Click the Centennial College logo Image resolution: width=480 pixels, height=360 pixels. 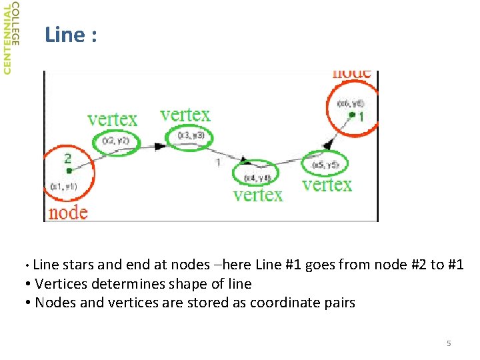[11, 38]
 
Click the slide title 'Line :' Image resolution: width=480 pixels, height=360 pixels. [71, 35]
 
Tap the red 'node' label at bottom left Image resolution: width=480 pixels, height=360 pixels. [68, 213]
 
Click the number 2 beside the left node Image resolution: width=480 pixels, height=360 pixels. [67, 159]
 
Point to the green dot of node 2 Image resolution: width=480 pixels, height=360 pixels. [69, 171]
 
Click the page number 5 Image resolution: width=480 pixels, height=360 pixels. [449, 343]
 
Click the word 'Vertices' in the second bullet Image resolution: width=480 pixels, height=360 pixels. [59, 284]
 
